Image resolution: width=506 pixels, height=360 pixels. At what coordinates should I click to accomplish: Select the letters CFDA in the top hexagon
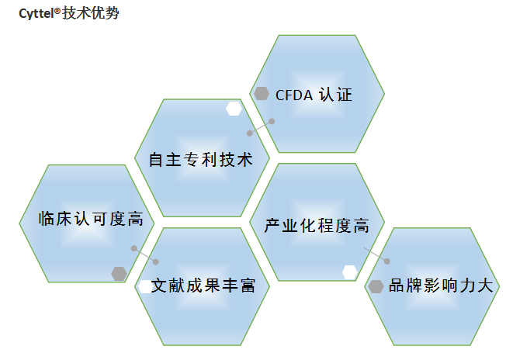[294, 95]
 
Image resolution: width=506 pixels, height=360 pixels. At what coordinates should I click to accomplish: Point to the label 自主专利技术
[202, 161]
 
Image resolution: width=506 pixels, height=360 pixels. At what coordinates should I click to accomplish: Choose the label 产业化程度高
[317, 227]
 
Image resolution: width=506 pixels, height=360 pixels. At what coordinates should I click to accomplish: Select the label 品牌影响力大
[440, 286]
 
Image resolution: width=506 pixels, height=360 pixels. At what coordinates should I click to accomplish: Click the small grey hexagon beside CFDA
[262, 93]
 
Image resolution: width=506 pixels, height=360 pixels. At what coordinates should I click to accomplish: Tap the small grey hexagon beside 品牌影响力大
[376, 286]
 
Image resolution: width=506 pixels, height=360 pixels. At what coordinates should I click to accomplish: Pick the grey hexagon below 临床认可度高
[119, 273]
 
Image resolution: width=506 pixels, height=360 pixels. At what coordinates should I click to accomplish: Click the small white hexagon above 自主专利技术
[233, 109]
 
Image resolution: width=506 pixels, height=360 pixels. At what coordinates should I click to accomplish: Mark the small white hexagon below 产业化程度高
[350, 271]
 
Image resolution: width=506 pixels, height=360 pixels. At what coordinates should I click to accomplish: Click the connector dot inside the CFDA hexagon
[272, 121]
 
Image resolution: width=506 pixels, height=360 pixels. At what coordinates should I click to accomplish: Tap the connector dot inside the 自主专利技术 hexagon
[250, 133]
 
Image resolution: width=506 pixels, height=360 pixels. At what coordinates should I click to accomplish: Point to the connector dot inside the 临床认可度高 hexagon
[134, 249]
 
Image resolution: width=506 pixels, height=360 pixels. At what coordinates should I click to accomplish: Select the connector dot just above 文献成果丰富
[155, 261]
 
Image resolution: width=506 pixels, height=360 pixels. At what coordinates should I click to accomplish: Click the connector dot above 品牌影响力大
[387, 261]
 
